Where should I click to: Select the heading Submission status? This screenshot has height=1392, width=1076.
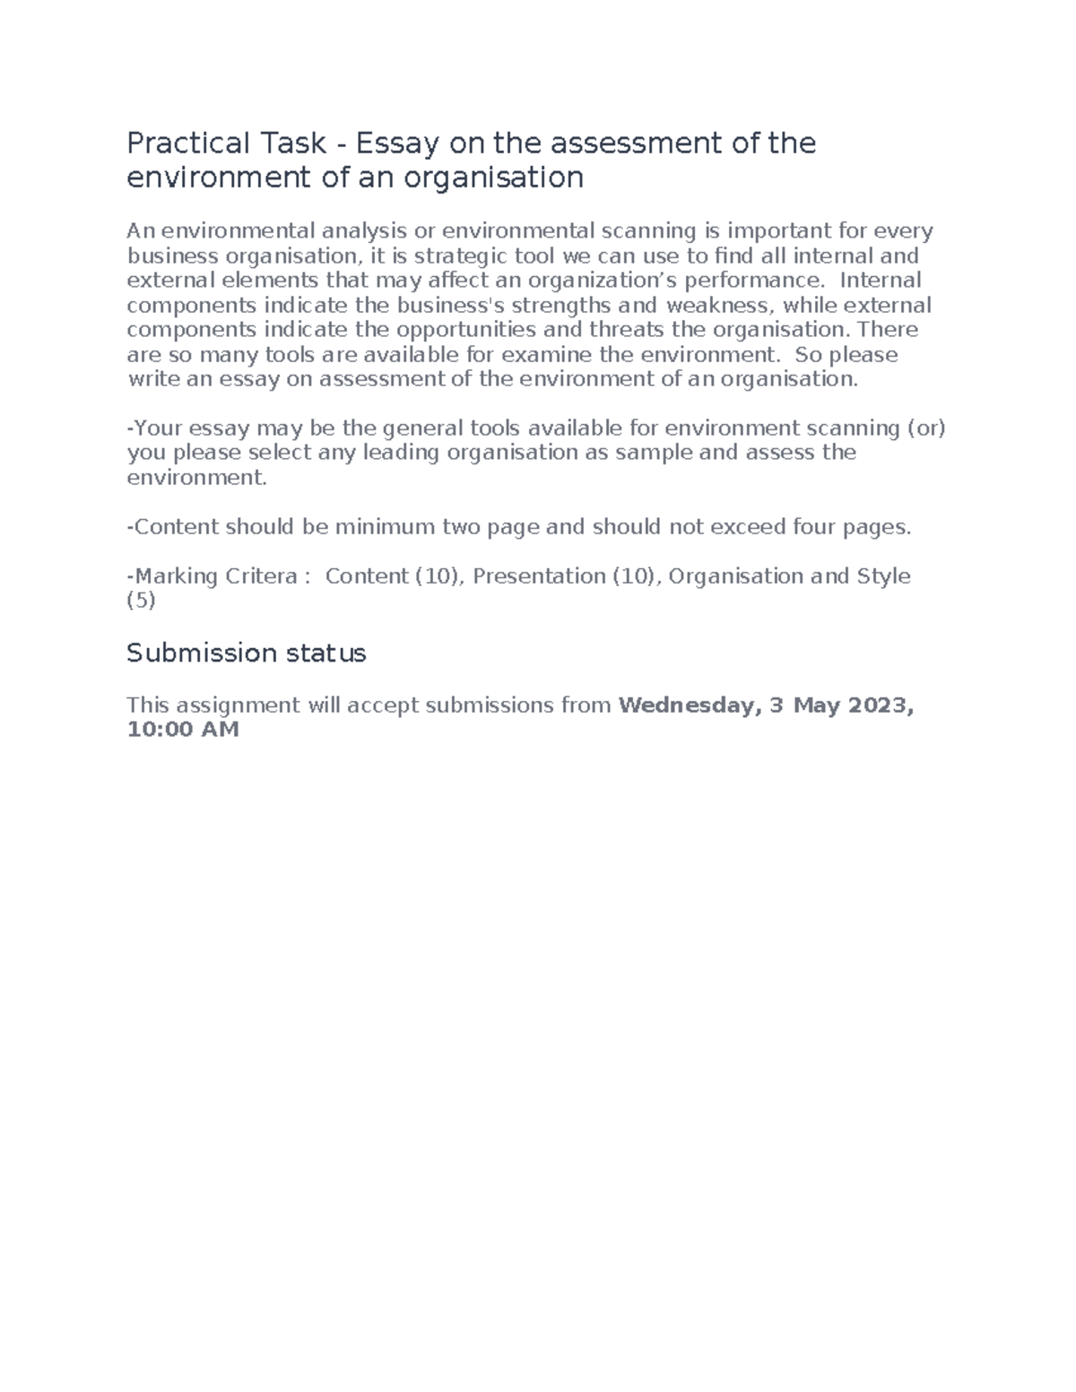pos(247,653)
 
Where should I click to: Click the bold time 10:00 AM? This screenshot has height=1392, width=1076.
pos(183,730)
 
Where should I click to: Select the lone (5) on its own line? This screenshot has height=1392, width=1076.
pos(142,601)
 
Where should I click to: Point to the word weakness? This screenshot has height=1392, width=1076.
pos(717,306)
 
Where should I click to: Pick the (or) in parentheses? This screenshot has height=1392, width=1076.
pos(927,428)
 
